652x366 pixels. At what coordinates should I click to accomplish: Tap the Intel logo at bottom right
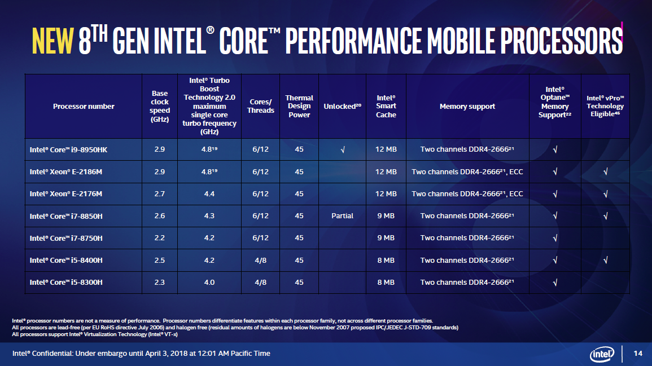tap(602, 354)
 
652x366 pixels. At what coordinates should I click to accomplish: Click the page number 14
tap(638, 354)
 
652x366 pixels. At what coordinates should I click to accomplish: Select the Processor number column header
tap(84, 106)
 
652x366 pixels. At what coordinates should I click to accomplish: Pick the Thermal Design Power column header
tap(299, 106)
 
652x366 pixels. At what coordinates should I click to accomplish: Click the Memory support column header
tap(467, 106)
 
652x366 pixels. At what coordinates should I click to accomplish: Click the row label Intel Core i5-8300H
tap(66, 283)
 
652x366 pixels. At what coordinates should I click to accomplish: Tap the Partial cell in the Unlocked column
tap(343, 216)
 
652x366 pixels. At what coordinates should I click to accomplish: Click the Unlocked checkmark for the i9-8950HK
tap(343, 149)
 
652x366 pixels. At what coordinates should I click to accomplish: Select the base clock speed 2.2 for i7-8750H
tap(160, 238)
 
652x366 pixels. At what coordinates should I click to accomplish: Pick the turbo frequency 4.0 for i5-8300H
tap(209, 283)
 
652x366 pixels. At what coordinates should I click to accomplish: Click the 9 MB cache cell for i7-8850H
tap(386, 216)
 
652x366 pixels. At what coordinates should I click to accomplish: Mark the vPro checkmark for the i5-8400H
tap(605, 261)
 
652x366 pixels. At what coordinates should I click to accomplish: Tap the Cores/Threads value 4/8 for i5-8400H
tap(260, 261)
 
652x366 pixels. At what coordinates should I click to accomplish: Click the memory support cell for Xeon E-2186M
tap(467, 171)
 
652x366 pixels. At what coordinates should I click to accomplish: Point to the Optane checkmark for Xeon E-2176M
tap(555, 194)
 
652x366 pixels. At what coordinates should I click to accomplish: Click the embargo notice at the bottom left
tap(141, 354)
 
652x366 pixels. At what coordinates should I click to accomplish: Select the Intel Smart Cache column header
tap(386, 106)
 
